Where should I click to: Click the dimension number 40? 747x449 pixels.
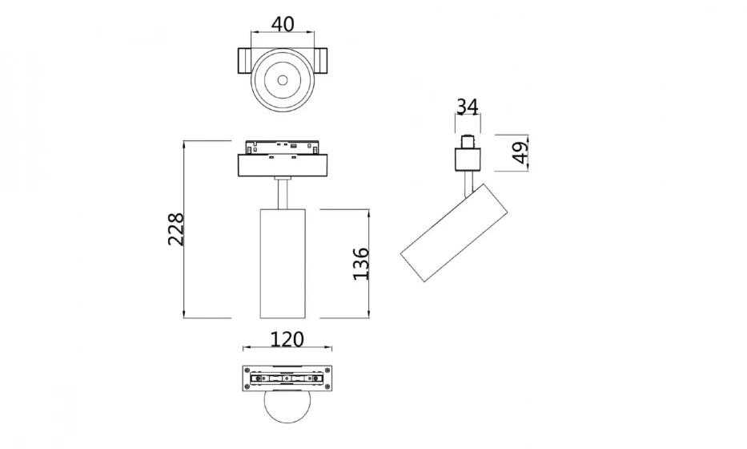pos(282,23)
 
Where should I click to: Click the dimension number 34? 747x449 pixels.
pos(468,106)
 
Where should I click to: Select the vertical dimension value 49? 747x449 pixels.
pos(520,152)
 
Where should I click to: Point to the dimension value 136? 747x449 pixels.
pos(361,263)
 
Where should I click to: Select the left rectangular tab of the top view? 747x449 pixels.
pos(243,62)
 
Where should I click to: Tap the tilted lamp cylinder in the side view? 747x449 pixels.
pos(454,233)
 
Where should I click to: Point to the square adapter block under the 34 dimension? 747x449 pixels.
pos(468,159)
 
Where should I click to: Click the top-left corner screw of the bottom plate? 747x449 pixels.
pos(247,370)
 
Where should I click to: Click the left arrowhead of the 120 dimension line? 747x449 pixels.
pos(246,349)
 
